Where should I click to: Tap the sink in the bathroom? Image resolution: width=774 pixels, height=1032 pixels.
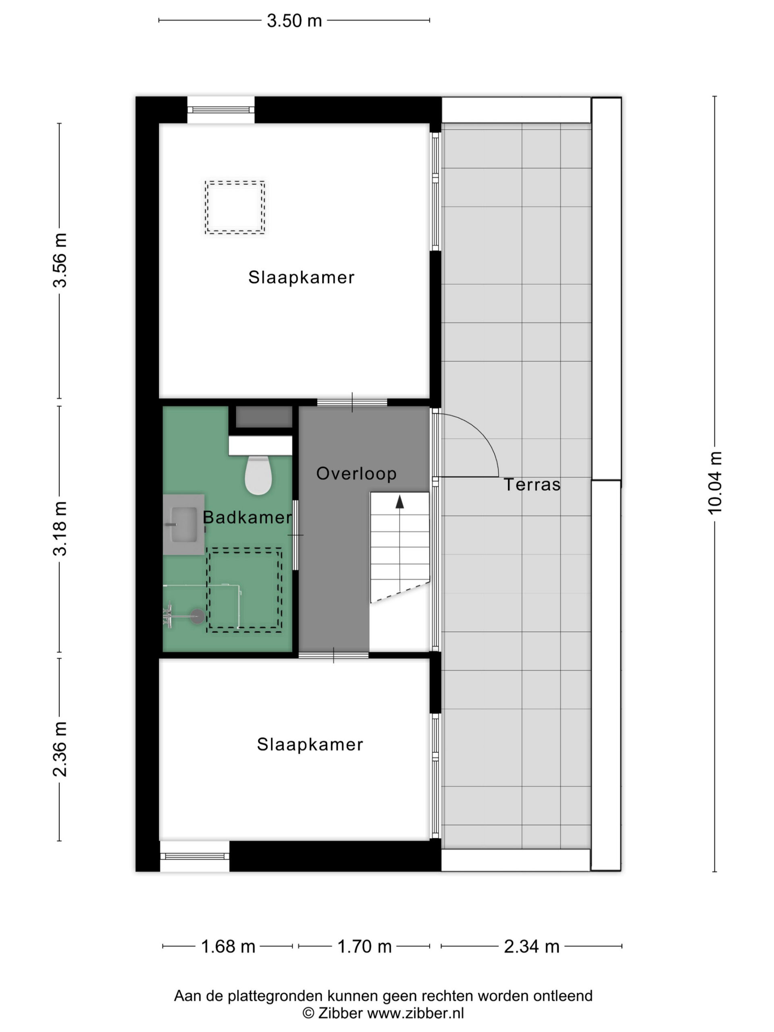184,524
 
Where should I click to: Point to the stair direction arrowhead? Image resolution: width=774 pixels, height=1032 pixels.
399,501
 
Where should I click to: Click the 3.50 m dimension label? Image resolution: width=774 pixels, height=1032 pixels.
294,21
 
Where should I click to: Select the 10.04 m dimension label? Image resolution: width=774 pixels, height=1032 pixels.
715,483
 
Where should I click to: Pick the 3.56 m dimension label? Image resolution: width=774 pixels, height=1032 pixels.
60,260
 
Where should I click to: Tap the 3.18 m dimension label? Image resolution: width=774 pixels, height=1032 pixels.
60,528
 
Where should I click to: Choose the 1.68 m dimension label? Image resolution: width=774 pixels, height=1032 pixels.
228,946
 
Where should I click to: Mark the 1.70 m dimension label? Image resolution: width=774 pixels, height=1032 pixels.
364,946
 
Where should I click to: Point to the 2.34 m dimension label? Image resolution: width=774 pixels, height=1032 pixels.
531,946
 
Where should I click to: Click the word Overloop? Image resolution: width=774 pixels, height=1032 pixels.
356,474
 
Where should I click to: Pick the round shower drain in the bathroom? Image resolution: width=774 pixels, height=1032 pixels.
198,616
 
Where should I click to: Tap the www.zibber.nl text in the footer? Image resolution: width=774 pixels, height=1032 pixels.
416,1013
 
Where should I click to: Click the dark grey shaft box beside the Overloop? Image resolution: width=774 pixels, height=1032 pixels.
264,416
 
